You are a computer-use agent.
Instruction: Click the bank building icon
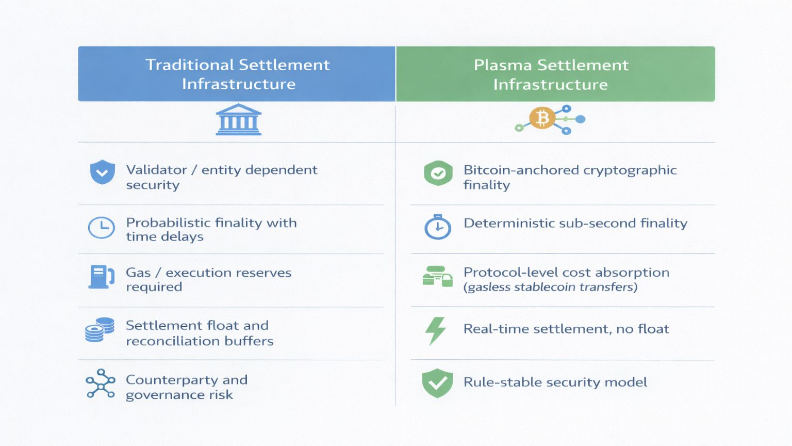coord(239,119)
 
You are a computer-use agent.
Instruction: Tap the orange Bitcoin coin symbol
coord(542,118)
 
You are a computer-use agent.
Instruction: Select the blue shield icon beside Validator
coord(103,172)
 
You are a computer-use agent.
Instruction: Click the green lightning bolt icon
coord(436,331)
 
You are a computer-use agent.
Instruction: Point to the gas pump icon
coord(101,277)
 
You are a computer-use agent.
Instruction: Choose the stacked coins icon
coord(100,329)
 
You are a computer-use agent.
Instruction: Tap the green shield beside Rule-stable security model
coord(437,383)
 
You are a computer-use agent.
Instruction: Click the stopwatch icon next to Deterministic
coord(438,227)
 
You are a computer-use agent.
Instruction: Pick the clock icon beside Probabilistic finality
coord(102,227)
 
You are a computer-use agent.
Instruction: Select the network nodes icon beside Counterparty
coord(101,384)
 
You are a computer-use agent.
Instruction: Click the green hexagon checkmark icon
coord(438,173)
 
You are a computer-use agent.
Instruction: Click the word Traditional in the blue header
coord(190,65)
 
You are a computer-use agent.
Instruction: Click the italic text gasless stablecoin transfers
coord(551,286)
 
